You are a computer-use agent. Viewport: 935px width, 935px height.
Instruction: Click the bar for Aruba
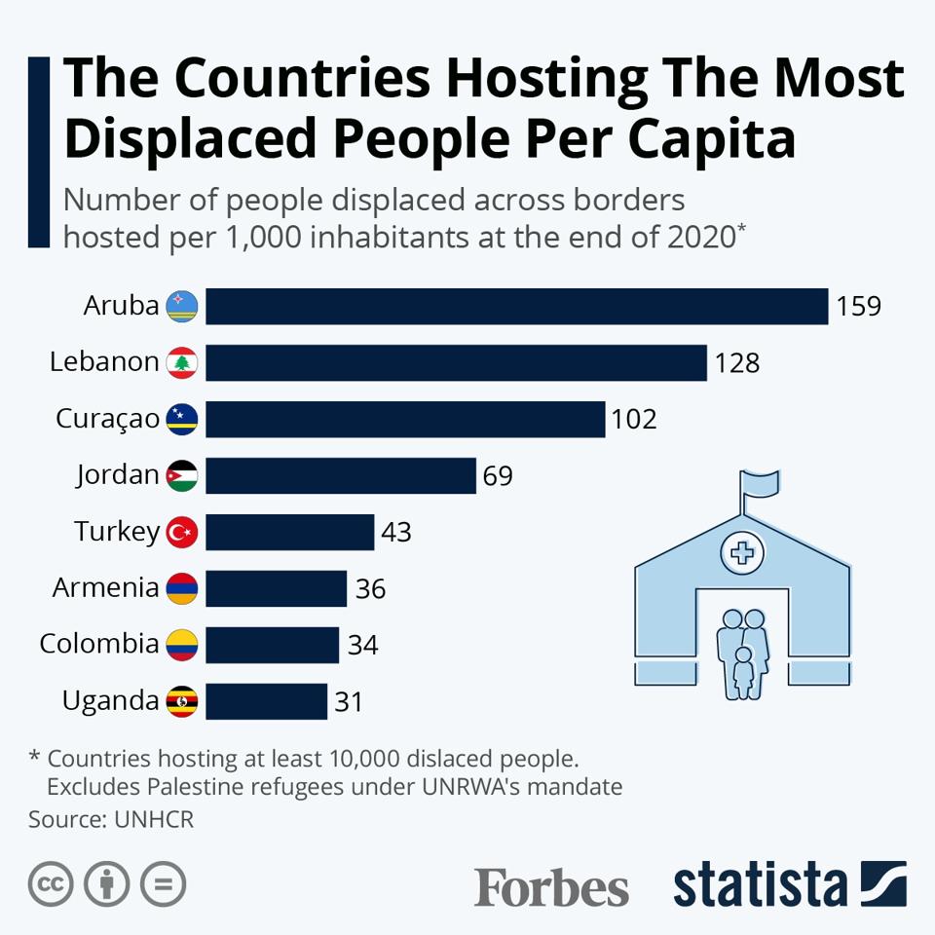[516, 306]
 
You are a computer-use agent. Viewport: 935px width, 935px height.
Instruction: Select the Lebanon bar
[456, 362]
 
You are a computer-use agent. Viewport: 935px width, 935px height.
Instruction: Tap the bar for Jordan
[341, 475]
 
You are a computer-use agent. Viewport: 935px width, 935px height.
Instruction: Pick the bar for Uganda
[266, 701]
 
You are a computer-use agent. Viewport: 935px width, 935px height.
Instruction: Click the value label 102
[634, 420]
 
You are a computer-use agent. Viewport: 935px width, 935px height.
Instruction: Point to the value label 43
[396, 533]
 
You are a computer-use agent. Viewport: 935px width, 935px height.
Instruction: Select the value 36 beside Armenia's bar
[370, 589]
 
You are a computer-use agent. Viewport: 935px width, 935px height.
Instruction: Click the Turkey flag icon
[182, 532]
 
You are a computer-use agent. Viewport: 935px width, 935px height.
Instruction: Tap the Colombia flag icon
[182, 645]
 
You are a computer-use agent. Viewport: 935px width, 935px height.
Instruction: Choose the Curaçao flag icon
[182, 420]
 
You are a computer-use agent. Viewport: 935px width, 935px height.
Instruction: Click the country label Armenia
[105, 588]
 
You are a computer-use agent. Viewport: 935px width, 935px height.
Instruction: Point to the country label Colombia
[98, 644]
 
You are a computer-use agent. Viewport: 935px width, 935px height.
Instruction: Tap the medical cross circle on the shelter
[742, 553]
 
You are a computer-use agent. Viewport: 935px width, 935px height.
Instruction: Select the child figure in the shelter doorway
[743, 672]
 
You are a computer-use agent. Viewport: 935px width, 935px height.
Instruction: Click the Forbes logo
[551, 887]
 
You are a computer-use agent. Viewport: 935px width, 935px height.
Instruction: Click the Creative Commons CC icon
[52, 884]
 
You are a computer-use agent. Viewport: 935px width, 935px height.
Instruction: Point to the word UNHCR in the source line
[154, 819]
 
